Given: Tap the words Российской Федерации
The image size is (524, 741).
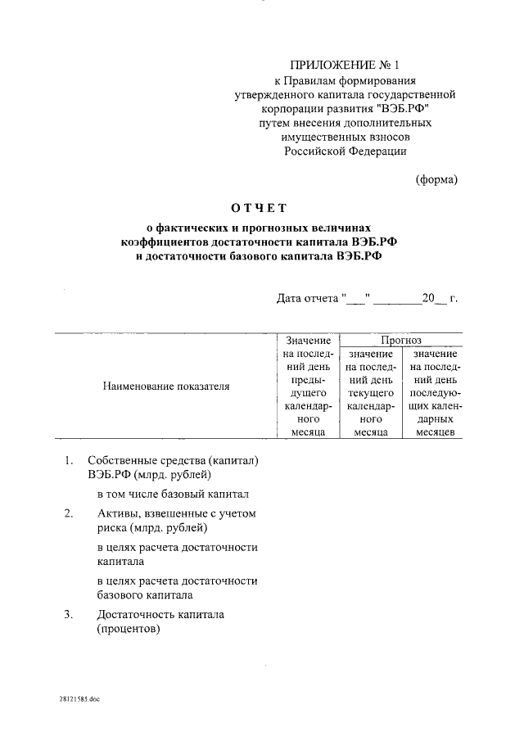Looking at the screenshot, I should [345, 151].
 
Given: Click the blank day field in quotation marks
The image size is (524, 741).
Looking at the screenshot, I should [357, 298].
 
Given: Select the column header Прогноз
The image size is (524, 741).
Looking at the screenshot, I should [400, 339].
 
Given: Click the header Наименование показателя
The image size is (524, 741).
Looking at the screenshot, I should [166, 385].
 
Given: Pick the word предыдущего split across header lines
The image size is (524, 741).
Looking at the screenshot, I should [308, 386].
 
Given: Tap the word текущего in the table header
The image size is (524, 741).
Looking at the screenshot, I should [370, 393].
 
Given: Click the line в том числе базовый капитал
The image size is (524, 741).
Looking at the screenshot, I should [172, 495].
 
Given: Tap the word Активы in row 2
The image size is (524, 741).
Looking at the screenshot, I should [114, 513].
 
